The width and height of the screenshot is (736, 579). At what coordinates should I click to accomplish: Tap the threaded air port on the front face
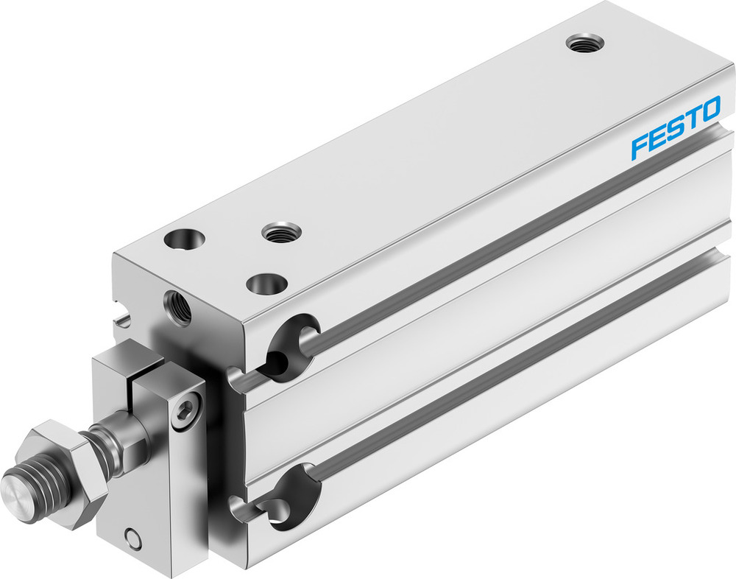click(x=177, y=307)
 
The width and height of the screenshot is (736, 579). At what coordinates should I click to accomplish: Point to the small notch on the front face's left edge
click(x=123, y=320)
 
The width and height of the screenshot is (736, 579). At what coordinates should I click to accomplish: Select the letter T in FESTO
click(x=692, y=118)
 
